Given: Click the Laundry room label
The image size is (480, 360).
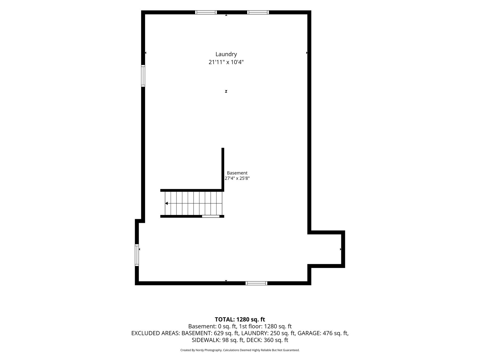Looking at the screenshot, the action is click(x=226, y=54).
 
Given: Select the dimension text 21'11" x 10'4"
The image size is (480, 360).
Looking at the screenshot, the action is click(x=226, y=62).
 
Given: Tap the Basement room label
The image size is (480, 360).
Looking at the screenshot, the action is click(x=237, y=173).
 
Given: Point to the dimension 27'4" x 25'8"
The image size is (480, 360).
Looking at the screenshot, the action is click(x=237, y=178).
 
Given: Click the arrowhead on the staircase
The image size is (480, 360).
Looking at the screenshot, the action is click(x=166, y=203).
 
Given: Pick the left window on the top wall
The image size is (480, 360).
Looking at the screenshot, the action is click(x=206, y=12).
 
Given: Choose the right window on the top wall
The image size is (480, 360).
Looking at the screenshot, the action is click(x=258, y=12).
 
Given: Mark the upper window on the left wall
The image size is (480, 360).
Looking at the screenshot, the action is click(x=143, y=76).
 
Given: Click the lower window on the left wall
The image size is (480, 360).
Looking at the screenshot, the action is click(x=137, y=255).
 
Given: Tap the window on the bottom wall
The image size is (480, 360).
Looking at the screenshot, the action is click(x=256, y=283).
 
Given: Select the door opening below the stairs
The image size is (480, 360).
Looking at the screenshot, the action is click(x=211, y=216).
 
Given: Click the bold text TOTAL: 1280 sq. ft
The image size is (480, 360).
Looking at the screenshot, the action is click(x=240, y=320).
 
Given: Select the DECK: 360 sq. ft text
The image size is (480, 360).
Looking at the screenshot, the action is click(x=267, y=340).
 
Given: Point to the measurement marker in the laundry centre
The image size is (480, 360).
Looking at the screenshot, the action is click(x=226, y=92).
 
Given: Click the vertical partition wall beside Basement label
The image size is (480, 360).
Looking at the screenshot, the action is click(x=223, y=169).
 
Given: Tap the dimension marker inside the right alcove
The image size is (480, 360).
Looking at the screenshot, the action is click(x=341, y=249).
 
